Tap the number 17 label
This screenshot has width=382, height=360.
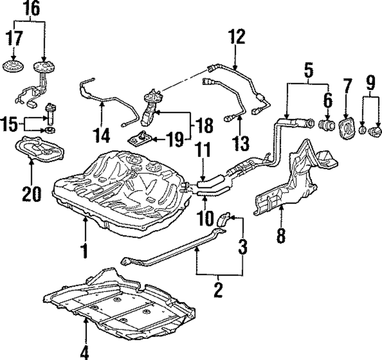pos(15,38)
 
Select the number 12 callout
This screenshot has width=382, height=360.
pos(236,37)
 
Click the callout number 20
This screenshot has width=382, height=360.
pos(32,194)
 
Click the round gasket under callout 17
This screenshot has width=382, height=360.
pos(13,66)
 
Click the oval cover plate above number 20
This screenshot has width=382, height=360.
pos(39,149)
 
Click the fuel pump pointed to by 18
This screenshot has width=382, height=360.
pos(149,108)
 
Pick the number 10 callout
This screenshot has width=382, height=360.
pos(206,219)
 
